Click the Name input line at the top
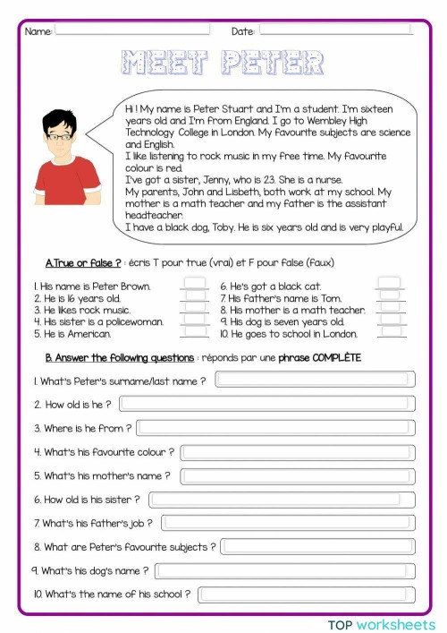point(134,30)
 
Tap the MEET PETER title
point(223,63)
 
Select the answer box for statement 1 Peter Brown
point(194,287)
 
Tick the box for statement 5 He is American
point(194,334)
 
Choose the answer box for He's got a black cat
point(390,287)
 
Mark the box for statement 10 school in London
point(390,334)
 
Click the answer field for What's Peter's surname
point(315,380)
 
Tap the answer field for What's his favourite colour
point(298,452)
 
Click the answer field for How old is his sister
point(282,500)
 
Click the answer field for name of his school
point(307,594)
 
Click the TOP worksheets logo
point(381,623)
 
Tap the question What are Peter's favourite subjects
point(125,546)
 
